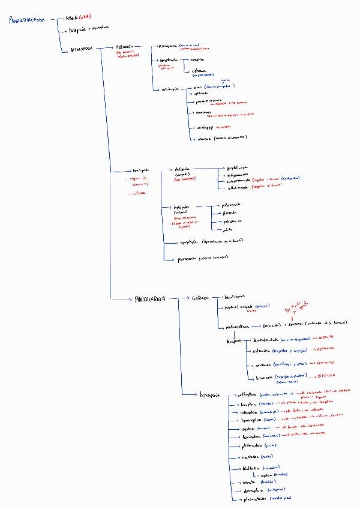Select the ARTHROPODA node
coord(79,49)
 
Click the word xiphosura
coord(200,71)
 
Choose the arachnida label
coord(170,89)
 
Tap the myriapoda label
coord(140,170)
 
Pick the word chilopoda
coord(182,169)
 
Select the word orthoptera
coord(247,394)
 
